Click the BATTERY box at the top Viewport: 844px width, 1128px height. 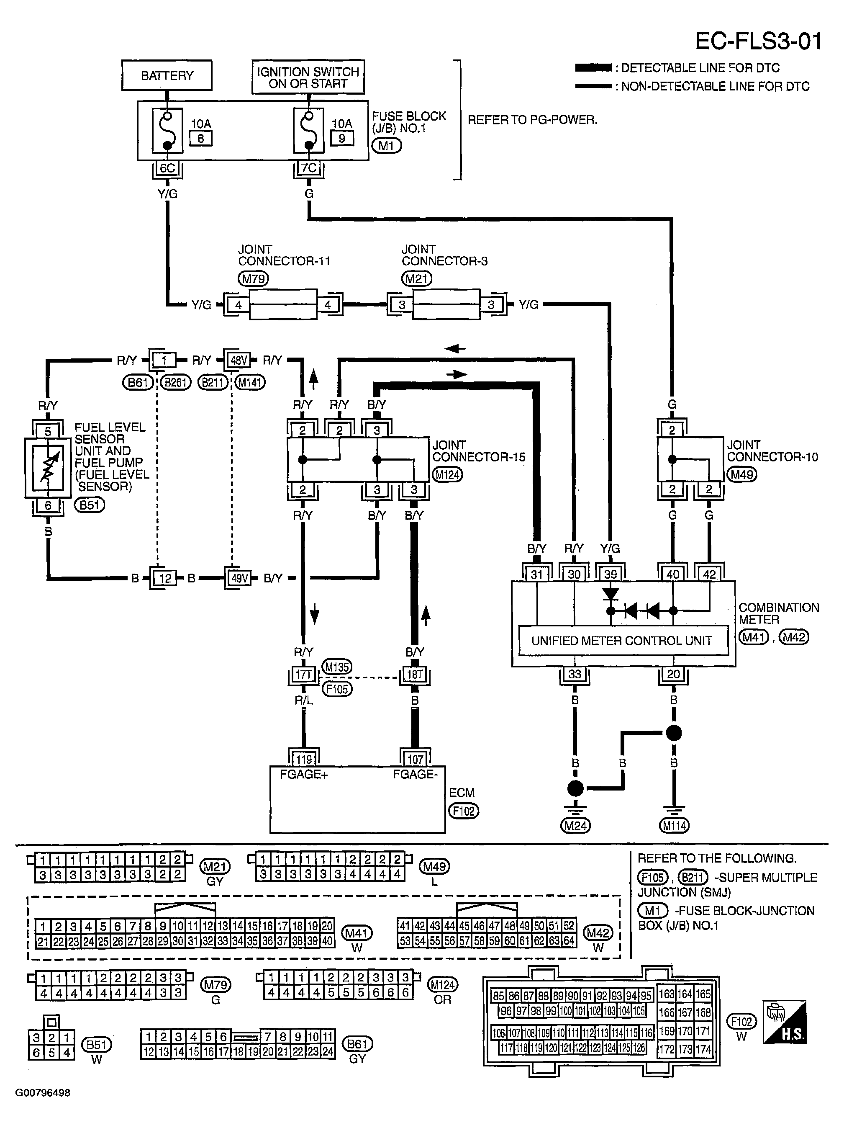[x=167, y=75]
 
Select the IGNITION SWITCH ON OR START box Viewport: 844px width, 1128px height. [x=308, y=77]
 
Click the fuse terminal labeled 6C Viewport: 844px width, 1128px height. [x=167, y=168]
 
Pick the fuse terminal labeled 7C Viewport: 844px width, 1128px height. [x=308, y=168]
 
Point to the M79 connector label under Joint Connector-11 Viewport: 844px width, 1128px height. [x=253, y=278]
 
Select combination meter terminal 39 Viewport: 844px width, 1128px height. [x=610, y=574]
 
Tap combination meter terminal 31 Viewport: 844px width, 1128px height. [x=537, y=574]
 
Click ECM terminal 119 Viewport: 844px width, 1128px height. [x=304, y=759]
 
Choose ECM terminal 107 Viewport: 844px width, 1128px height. [x=415, y=759]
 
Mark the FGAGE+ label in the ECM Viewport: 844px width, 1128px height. [x=303, y=774]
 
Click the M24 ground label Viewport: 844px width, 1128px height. [x=575, y=825]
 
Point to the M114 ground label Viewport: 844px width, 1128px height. [x=674, y=825]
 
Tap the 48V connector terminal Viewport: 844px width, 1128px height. [x=239, y=361]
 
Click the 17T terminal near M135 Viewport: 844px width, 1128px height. [x=303, y=675]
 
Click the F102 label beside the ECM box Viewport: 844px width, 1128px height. [x=463, y=811]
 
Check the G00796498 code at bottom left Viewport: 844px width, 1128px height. [x=43, y=1093]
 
